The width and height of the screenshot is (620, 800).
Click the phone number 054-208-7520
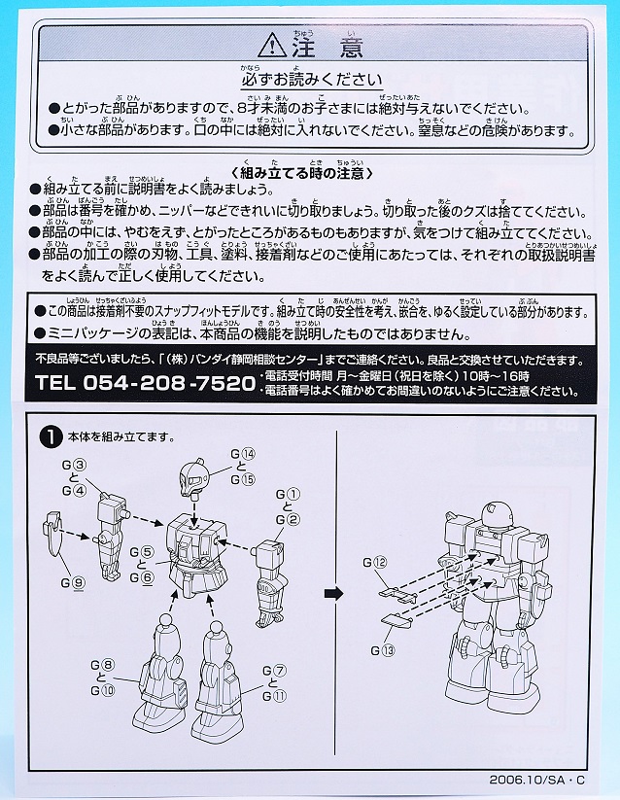138,381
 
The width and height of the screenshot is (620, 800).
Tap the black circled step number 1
46,436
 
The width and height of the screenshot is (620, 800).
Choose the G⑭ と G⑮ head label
242,466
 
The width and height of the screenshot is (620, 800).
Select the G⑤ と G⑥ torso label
142,564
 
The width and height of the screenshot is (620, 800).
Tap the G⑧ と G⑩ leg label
104,677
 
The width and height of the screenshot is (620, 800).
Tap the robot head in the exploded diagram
198,480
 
